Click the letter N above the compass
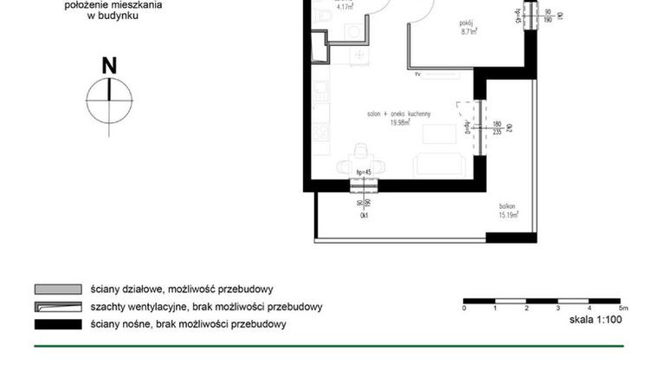click(x=109, y=65)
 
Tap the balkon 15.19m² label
click(x=508, y=211)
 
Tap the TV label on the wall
click(x=417, y=76)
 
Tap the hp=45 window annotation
click(x=364, y=172)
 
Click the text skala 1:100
click(x=597, y=320)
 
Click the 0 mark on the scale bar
click(x=465, y=309)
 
